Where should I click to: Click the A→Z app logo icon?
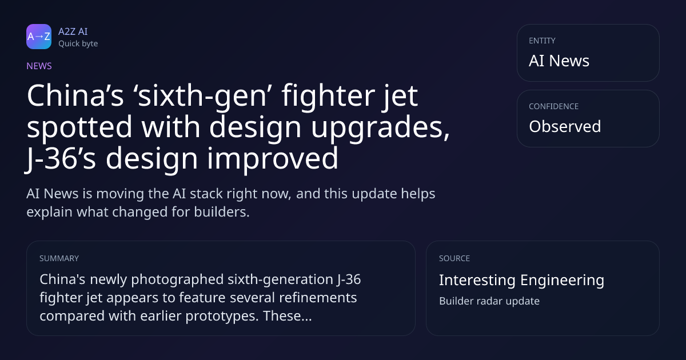tap(39, 37)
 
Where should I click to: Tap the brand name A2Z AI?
tap(73, 31)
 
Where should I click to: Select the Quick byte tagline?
tap(78, 44)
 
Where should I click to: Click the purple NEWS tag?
tap(39, 66)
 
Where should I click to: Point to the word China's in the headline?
tap(75, 95)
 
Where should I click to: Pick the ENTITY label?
tap(542, 41)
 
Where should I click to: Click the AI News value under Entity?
tap(559, 61)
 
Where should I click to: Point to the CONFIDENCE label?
tap(554, 106)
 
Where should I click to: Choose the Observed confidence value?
tap(565, 126)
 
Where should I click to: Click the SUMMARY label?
tap(59, 258)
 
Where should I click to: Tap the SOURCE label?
tap(454, 258)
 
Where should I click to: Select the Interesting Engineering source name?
tap(521, 280)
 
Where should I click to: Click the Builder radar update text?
tap(489, 301)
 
